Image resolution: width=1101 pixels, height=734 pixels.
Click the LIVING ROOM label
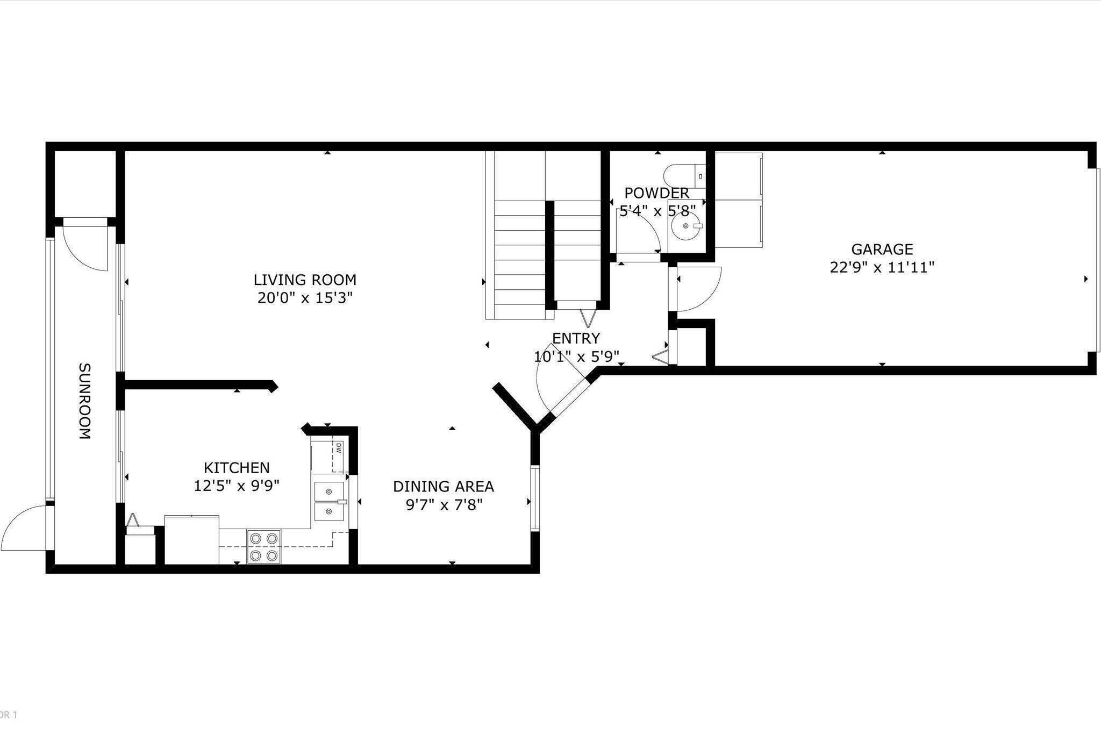coord(305,280)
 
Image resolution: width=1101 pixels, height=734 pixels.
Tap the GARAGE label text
coord(882,249)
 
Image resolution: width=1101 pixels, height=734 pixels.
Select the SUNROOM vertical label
coord(85,401)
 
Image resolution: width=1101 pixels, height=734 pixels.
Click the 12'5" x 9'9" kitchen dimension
coord(237,486)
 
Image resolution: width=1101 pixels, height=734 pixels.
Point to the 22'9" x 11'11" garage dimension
coord(882,267)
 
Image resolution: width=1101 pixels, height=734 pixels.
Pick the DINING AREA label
coord(443,486)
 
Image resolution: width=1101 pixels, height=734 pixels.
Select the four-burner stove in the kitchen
coord(264,546)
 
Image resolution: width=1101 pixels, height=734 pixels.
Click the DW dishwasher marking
coord(339,447)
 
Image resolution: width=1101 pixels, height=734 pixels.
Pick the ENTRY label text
coord(576,338)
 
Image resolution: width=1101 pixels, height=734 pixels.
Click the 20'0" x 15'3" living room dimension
coord(305,297)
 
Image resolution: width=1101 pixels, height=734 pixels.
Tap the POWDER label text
coord(656,193)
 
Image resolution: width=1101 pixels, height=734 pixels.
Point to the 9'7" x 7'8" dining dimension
coord(444,504)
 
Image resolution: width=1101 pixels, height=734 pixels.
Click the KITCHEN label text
coord(237,467)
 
